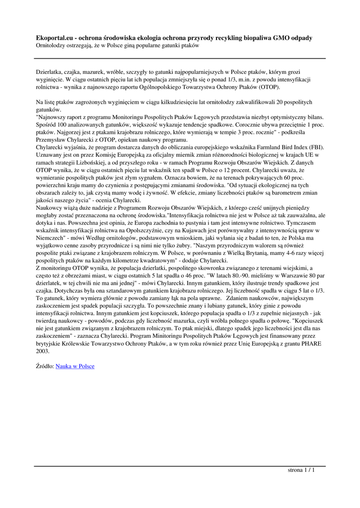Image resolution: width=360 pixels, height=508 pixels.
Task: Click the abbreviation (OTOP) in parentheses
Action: [x=268, y=87]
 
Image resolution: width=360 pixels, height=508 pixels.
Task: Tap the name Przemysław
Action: [x=53, y=140]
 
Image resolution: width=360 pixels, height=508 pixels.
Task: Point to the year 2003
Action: [x=43, y=350]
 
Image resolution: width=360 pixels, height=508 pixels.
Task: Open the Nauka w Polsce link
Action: [x=75, y=366]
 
